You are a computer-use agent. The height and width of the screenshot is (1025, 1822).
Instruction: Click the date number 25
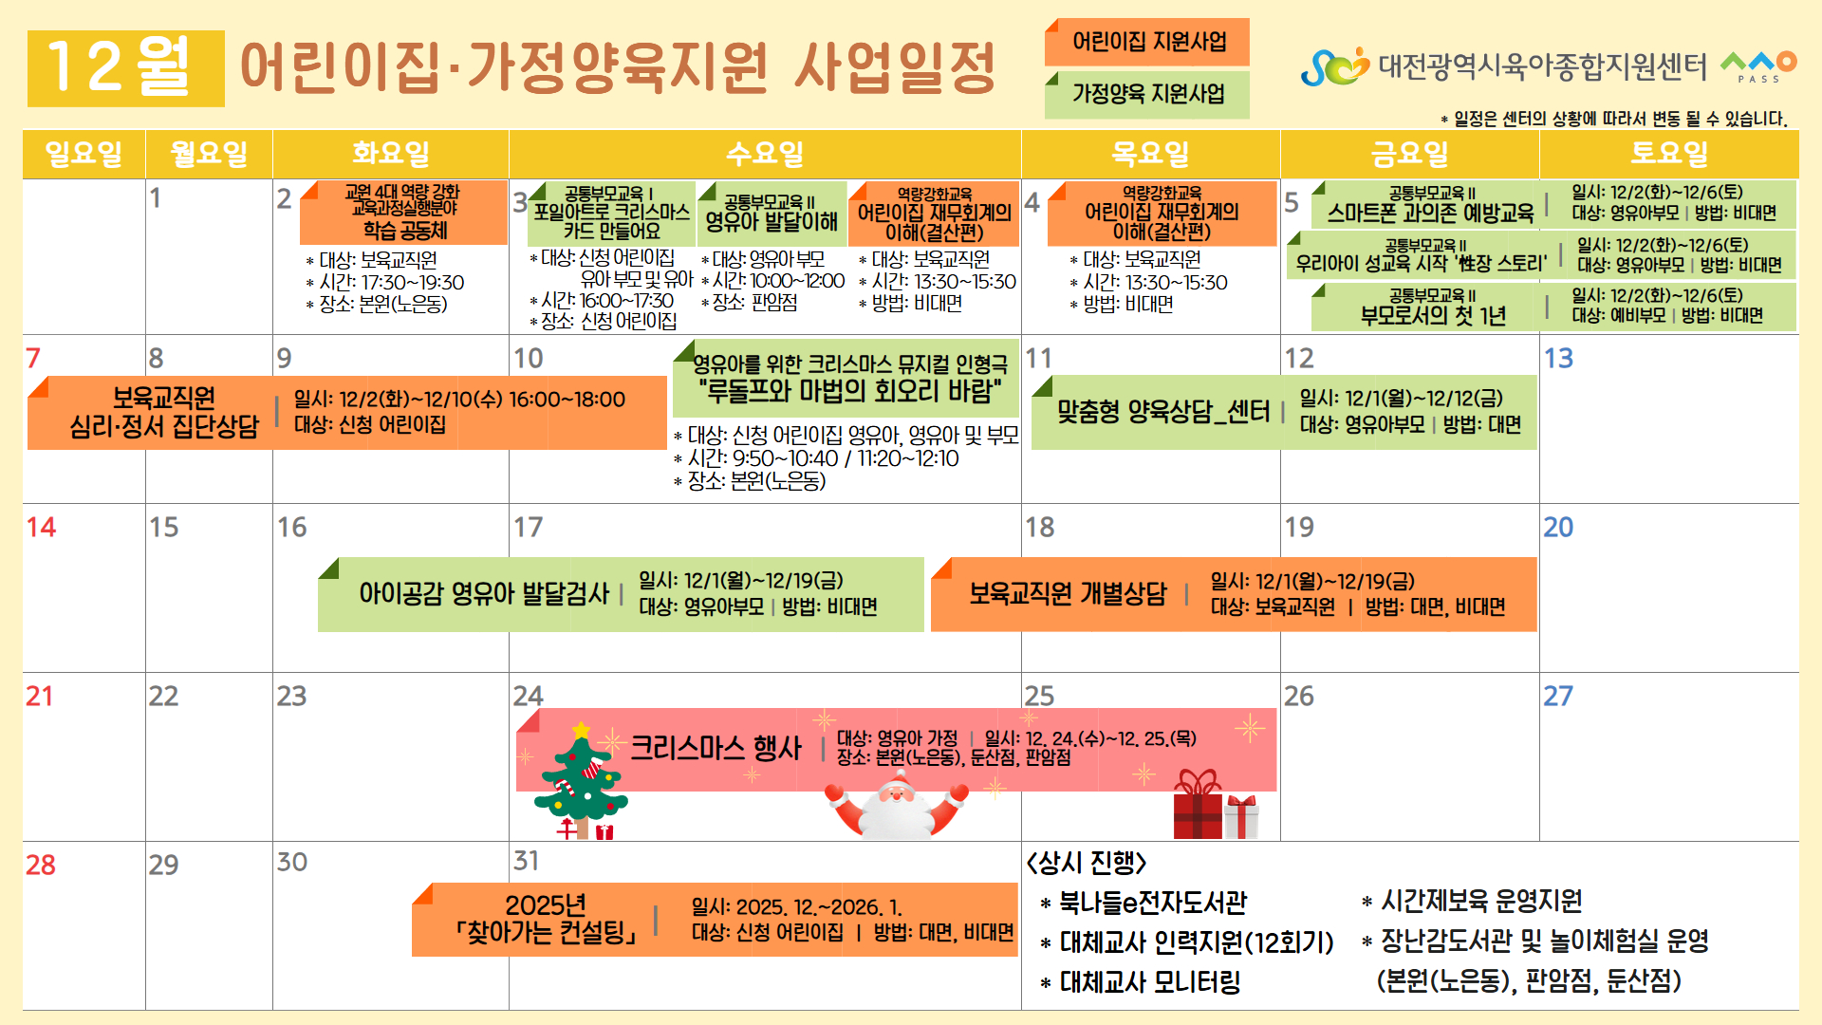pos(1039,696)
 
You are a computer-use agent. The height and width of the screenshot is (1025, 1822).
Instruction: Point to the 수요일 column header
pos(765,154)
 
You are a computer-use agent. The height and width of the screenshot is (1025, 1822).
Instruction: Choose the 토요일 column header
pos(1669,154)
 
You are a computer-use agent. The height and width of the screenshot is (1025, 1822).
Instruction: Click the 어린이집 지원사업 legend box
pos(1147,42)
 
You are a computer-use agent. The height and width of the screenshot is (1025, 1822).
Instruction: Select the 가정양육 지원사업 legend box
pos(1147,94)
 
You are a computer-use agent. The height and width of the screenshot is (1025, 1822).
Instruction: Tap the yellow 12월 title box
pos(126,68)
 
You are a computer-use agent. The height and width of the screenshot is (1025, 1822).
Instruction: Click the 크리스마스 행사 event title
pos(716,748)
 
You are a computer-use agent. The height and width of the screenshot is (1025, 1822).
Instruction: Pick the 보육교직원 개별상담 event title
pos(1068,593)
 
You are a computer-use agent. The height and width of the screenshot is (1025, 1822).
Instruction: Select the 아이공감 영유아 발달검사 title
pos(484,593)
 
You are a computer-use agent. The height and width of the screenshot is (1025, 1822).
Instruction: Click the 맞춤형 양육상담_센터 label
pos(1163,411)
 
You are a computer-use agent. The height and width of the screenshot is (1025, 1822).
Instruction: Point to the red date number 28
pos(41,865)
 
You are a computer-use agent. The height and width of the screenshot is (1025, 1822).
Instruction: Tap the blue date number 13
pos(1558,358)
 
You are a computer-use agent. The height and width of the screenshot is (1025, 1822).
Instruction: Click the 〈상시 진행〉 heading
pos(1087,863)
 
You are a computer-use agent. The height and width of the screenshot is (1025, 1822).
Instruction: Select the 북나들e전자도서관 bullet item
pos(1143,902)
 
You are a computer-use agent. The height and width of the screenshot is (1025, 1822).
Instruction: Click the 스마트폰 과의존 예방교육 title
pos(1430,213)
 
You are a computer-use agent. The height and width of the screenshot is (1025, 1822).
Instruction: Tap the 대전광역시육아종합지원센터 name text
pos(1542,65)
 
